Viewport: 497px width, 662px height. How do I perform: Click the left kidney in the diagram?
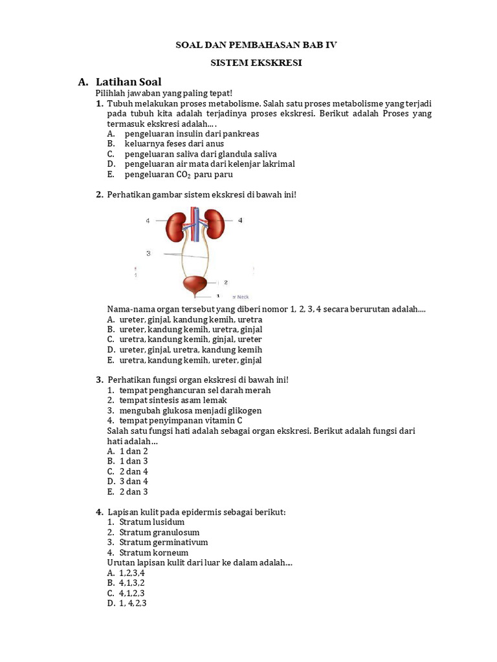(178, 226)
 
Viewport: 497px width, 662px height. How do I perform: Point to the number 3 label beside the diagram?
(148, 253)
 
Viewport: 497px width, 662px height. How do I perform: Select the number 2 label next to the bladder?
(225, 283)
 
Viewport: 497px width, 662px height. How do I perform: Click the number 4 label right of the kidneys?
(240, 220)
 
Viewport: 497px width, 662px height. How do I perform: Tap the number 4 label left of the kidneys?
(148, 220)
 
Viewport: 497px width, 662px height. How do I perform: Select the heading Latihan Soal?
(128, 82)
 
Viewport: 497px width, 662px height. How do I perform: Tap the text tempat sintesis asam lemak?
(173, 400)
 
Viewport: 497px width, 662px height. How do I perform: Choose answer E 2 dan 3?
(133, 492)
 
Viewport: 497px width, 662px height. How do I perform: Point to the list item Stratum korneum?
(153, 553)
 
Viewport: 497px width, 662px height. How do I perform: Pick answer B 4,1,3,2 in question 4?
(131, 583)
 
